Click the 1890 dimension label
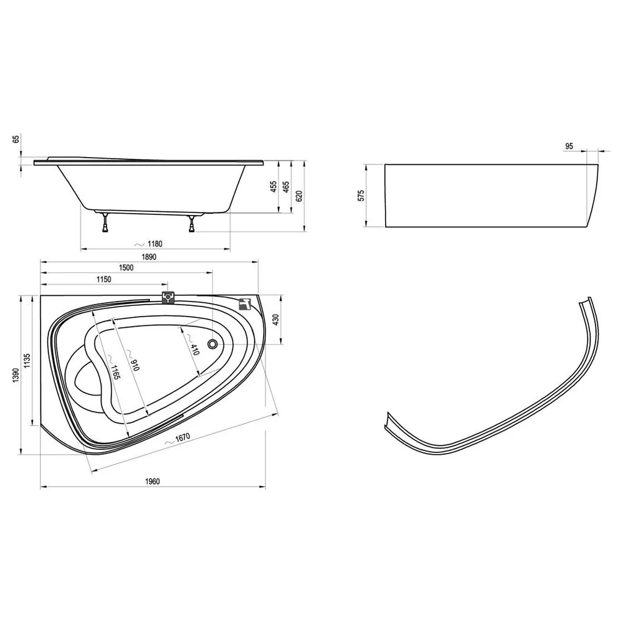[x=150, y=257]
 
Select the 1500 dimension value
[x=126, y=268]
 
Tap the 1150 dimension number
[x=103, y=279]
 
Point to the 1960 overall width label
[x=152, y=482]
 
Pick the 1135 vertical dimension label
[x=27, y=361]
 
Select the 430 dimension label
[x=276, y=320]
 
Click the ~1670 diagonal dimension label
[x=177, y=439]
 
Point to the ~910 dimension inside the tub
[x=132, y=359]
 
